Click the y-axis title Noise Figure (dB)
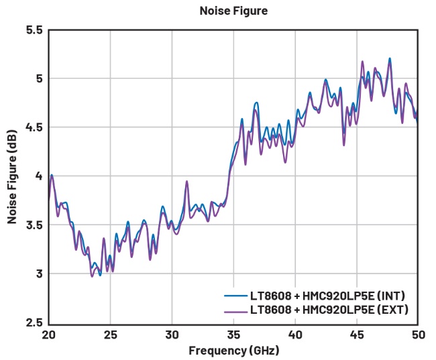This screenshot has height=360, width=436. pos(12,176)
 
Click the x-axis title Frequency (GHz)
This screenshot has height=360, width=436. pos(233,350)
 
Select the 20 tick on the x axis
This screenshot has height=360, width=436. pos(48,334)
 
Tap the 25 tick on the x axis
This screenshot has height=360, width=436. pos(111,334)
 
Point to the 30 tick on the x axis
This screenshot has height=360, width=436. pos(172,334)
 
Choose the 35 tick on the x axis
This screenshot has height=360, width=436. pos(233,334)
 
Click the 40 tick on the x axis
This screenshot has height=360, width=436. pos(295,334)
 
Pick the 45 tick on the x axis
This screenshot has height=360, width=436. pos(357,334)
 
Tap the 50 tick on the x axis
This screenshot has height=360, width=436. pos(417,334)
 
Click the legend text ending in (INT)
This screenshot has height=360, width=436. pos(327,296)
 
